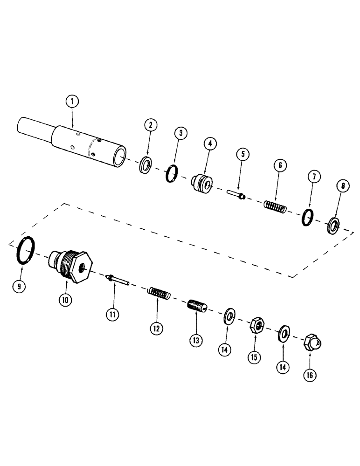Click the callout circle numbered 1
[73, 101]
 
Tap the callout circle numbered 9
[19, 286]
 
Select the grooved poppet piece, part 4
[203, 184]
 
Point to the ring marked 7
[306, 216]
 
